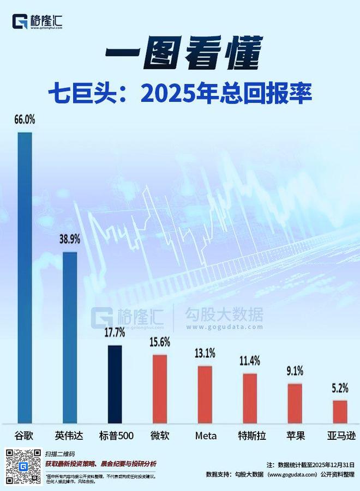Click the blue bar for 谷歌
coord(25,278)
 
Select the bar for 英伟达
coord(70,338)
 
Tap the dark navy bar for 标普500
coord(115,384)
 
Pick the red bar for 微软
coord(160,389)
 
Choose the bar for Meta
coord(205,395)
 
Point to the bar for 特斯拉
coord(250,398)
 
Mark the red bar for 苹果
coord(295,403)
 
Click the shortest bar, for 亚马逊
coord(340,411)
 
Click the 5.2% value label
coord(340,389)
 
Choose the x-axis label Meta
coord(206,435)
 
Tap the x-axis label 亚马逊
coord(339,435)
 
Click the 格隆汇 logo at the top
coord(38,22)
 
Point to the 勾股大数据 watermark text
coord(224,315)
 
